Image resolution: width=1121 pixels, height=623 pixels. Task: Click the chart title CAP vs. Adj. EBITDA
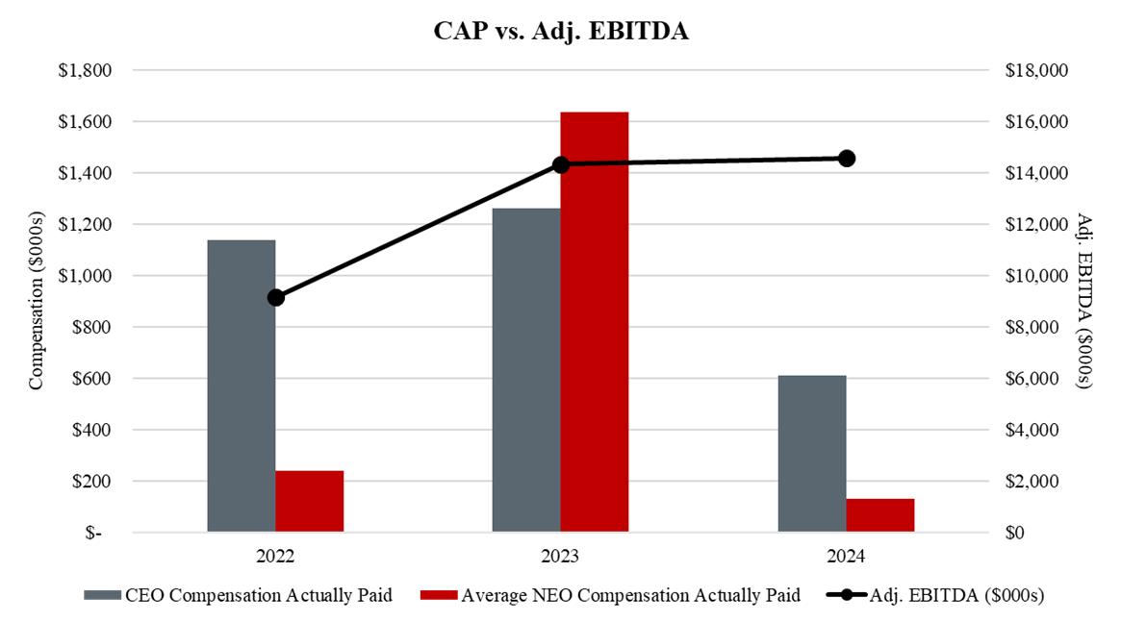561,31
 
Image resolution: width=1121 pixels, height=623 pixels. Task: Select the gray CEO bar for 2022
242,386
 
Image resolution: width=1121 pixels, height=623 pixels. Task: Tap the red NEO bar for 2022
310,501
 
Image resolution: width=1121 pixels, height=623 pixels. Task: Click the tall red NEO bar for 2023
595,322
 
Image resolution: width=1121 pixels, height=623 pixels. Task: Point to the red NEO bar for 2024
880,514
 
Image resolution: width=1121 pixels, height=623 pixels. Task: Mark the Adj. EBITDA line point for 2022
276,297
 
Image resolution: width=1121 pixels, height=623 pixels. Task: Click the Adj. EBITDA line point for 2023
561,164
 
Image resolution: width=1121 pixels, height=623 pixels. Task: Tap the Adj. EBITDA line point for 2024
846,158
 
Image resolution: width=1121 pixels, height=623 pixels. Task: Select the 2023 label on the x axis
561,557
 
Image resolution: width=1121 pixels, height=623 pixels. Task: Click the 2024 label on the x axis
846,557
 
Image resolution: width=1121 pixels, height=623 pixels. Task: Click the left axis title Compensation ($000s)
37,302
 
